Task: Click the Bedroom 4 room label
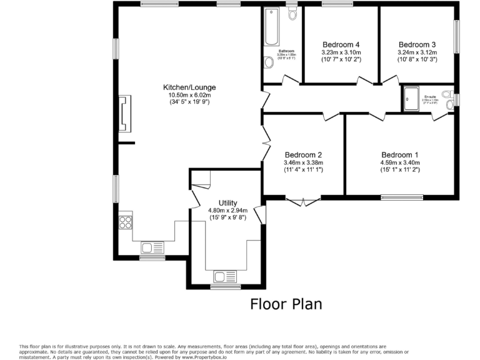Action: [x=341, y=44]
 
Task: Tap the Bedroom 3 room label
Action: [x=417, y=44]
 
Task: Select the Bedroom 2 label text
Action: [x=303, y=155]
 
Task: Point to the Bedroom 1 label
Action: [x=400, y=155]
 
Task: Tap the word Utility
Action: [x=227, y=202]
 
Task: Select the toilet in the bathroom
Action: [x=292, y=13]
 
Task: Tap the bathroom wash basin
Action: [x=269, y=62]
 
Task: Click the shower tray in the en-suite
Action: [x=411, y=99]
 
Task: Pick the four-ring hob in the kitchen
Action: [x=125, y=221]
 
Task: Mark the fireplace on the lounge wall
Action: [x=125, y=114]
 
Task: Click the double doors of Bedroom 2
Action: [x=303, y=201]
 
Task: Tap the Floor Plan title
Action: [x=286, y=304]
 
